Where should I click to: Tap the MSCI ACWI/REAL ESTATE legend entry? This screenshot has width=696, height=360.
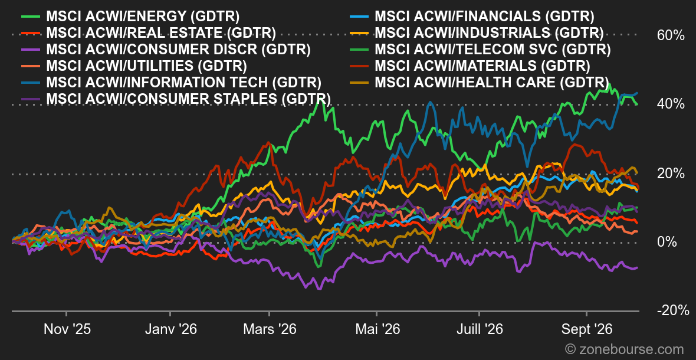(x=148, y=33)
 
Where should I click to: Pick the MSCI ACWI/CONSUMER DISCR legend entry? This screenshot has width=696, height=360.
(x=166, y=49)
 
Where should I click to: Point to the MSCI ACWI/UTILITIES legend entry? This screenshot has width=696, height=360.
(x=134, y=66)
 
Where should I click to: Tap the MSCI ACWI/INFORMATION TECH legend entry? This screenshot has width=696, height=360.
(x=171, y=82)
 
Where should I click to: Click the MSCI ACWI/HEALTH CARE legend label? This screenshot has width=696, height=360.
(x=479, y=82)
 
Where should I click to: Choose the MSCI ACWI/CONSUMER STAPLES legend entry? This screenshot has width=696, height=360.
(x=176, y=99)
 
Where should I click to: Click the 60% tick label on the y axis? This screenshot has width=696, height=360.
(x=671, y=35)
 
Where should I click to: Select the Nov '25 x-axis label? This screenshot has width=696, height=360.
(x=68, y=330)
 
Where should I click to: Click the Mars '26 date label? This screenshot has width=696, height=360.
(x=270, y=330)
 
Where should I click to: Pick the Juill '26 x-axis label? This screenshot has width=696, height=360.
(x=480, y=330)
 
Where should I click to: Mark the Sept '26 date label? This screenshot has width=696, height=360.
(x=587, y=330)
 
